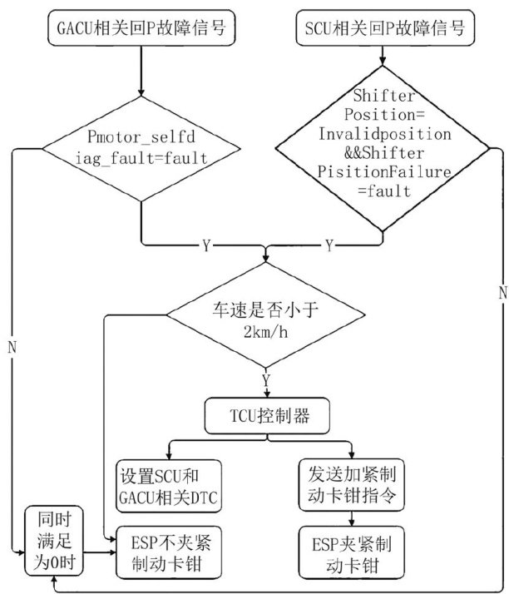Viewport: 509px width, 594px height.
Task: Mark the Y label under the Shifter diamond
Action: point(329,246)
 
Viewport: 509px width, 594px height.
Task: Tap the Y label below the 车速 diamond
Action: point(266,379)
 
